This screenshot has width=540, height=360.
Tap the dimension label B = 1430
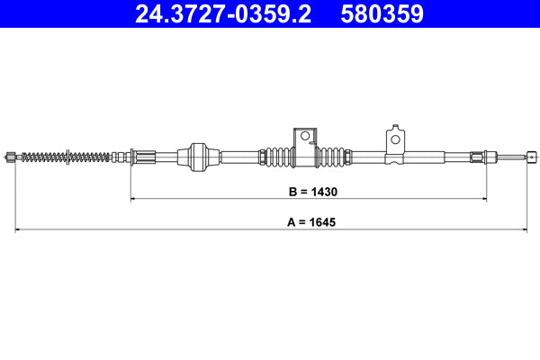pos(308,191)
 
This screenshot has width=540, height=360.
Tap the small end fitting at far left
pos(11,157)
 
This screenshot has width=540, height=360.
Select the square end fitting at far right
pos(524,157)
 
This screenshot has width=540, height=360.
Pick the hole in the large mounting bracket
pos(305,137)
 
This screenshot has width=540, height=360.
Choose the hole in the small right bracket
pos(394,139)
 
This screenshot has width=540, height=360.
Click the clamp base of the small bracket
pos(393,159)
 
